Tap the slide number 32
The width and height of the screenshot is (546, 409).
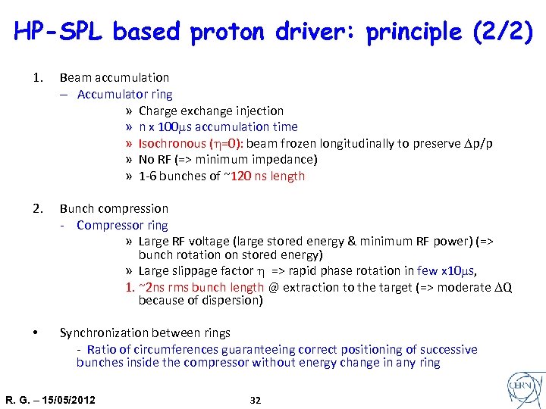(256, 400)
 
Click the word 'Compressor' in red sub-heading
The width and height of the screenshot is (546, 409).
(110, 225)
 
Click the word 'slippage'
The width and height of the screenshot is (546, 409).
(202, 270)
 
